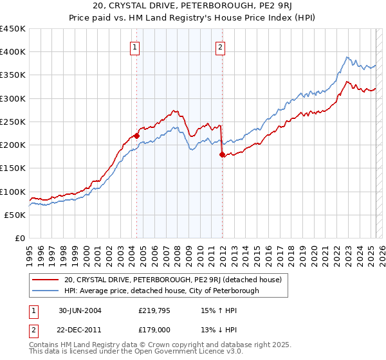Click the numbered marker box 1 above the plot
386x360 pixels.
tap(135, 46)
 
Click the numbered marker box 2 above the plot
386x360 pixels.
tap(220, 46)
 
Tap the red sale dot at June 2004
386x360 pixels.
tap(136, 136)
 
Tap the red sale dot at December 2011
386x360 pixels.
tap(222, 155)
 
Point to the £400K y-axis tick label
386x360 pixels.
tap(13, 52)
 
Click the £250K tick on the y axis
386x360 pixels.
tap(13, 122)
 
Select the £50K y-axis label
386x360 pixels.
tap(15, 215)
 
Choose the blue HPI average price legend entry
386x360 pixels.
tap(161, 291)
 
